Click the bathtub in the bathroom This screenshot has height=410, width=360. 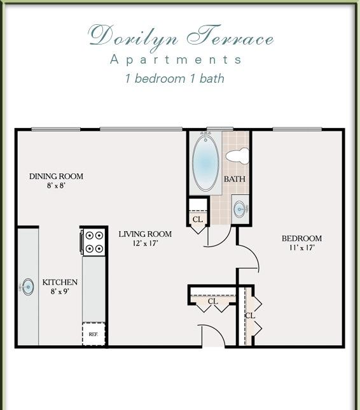tap(205, 162)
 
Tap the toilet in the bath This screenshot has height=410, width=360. tap(237, 156)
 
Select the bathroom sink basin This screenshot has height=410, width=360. tap(239, 209)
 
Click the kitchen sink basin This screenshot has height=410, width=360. tap(28, 287)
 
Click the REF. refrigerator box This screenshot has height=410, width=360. tap(93, 334)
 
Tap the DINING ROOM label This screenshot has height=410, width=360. tap(56, 176)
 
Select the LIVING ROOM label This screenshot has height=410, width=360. tap(145, 234)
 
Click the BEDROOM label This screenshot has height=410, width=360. tap(301, 238)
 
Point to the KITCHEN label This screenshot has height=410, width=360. tap(60, 282)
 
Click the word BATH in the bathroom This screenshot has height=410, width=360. tap(234, 179)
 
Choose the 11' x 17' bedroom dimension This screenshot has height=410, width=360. tap(301, 248)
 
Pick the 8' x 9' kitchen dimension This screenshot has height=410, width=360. tap(60, 291)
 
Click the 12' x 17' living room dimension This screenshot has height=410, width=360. tap(145, 243)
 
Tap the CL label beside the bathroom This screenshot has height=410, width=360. tap(198, 219)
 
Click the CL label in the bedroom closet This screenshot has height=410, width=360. tap(250, 316)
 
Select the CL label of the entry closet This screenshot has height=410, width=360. tap(212, 301)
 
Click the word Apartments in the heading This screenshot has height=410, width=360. tap(176, 60)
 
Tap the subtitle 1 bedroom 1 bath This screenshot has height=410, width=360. tap(174, 78)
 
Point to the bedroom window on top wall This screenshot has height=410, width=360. tap(297, 129)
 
